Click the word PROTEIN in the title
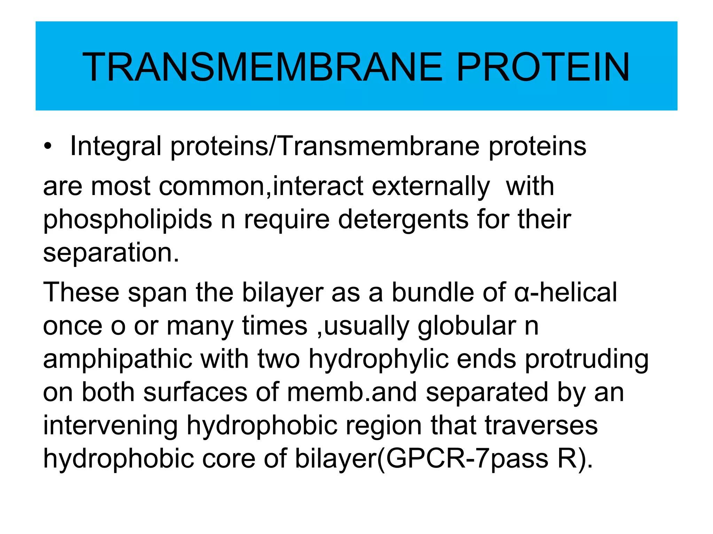543,67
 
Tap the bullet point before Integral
48,146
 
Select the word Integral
116,146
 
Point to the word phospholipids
127,220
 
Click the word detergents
403,220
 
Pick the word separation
111,253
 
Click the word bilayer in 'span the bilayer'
282,293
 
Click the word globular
467,326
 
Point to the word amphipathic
118,359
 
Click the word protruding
587,359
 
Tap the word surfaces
195,392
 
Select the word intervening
110,426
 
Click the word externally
431,187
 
